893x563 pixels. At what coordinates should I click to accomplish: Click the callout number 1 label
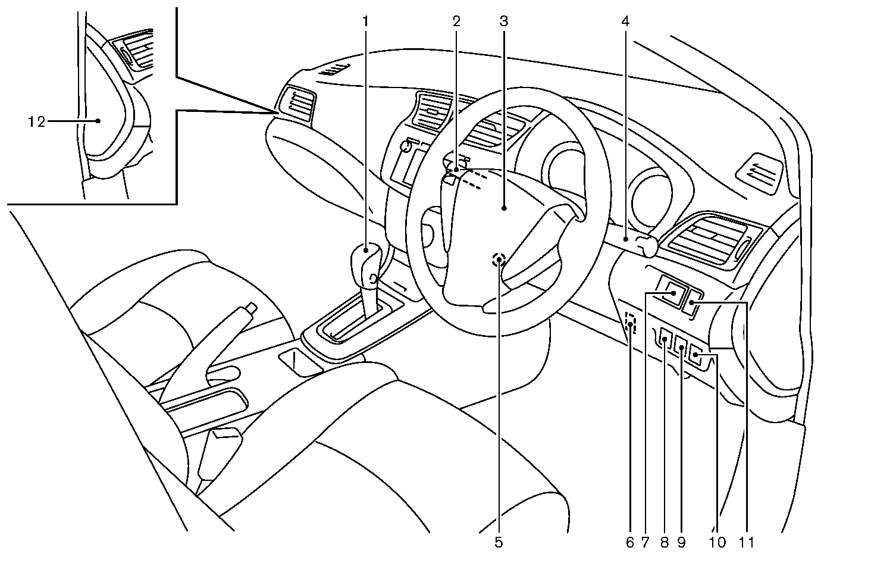tap(366, 21)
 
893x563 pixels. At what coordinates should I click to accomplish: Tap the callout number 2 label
tap(456, 21)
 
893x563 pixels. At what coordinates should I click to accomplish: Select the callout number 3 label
tap(503, 21)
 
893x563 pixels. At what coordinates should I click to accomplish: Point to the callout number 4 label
tap(625, 21)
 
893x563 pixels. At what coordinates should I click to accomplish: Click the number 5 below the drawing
tap(499, 542)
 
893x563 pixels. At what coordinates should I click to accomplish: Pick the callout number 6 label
tap(629, 542)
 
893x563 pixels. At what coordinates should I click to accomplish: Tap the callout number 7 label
tap(645, 542)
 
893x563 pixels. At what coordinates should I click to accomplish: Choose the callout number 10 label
tap(717, 542)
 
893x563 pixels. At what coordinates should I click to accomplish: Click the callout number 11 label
tap(747, 542)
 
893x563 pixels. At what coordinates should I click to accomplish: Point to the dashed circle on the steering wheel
tap(499, 259)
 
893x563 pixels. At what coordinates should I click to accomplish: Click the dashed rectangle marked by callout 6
tap(631, 324)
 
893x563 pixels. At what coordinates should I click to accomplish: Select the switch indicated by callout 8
tap(666, 340)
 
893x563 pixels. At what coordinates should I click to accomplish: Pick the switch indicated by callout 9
tap(681, 345)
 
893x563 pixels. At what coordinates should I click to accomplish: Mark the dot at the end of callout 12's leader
tap(98, 121)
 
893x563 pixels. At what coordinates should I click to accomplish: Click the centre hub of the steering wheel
tap(503, 208)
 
